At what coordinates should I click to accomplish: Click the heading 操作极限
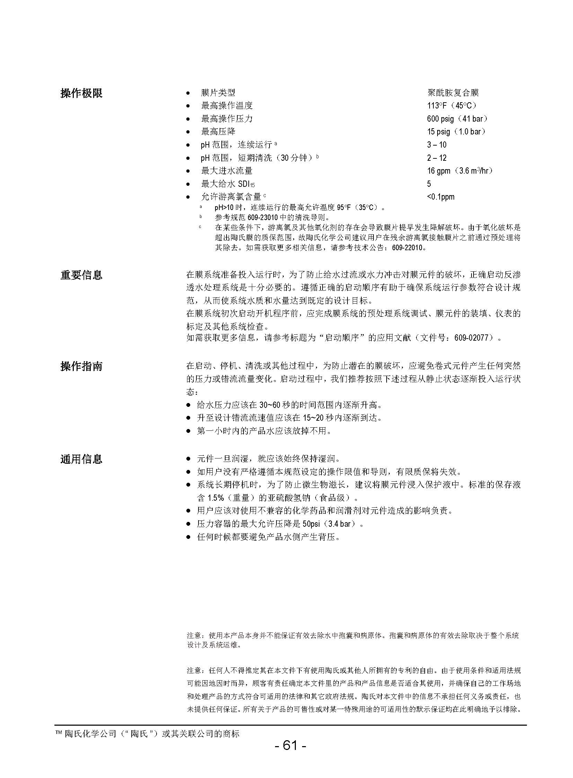[81, 93]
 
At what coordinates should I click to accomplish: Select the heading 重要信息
[81, 275]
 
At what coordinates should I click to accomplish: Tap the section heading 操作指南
[81, 366]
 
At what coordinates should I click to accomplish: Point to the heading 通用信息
[81, 459]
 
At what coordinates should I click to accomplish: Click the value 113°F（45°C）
[452, 105]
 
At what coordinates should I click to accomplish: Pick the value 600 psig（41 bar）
[458, 119]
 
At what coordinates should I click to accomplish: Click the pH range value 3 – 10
[437, 145]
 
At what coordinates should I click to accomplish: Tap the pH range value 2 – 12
[437, 158]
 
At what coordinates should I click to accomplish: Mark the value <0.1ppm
[441, 197]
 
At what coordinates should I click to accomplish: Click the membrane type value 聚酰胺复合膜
[453, 93]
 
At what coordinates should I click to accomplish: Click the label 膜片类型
[218, 93]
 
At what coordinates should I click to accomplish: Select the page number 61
[290, 745]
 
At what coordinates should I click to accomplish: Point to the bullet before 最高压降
[188, 132]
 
